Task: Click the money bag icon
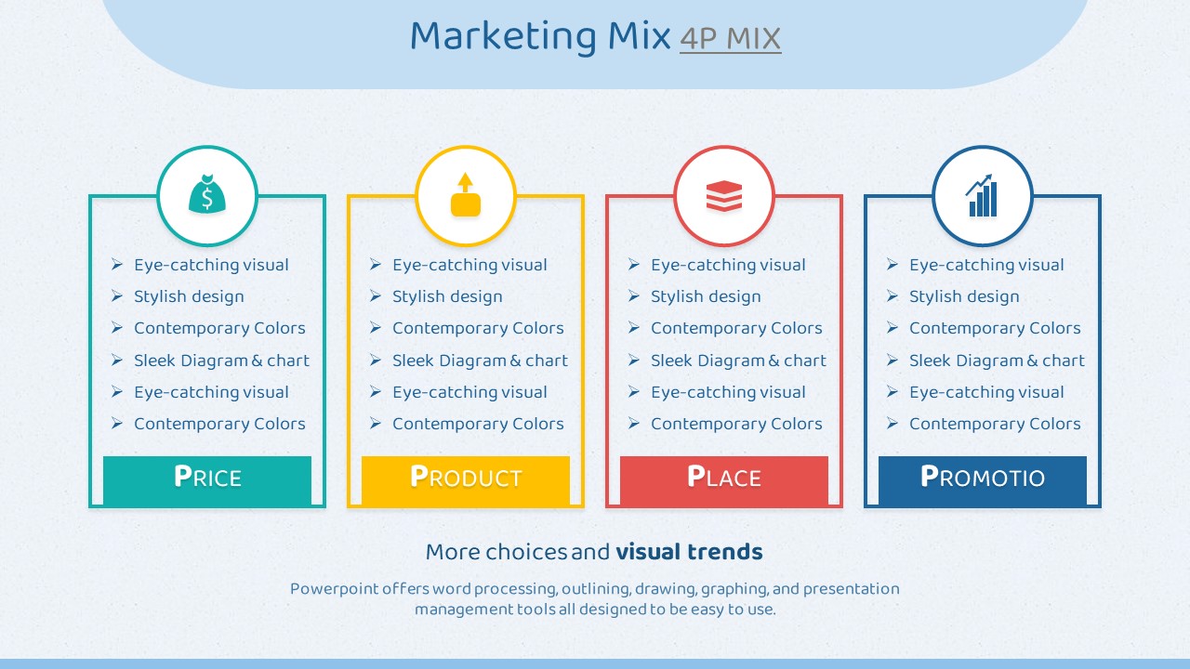[207, 194]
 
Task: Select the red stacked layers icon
[724, 196]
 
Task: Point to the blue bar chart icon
[981, 195]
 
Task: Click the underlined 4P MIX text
[731, 39]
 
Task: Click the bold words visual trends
[689, 552]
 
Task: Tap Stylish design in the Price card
[189, 296]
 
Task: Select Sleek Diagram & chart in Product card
[480, 361]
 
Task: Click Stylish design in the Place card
[706, 296]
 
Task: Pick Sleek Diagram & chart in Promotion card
[997, 361]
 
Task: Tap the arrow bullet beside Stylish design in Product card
[375, 295]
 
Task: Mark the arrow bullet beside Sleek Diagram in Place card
[633, 360]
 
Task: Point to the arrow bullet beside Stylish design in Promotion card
[892, 295]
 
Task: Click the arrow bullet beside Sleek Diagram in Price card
[117, 360]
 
